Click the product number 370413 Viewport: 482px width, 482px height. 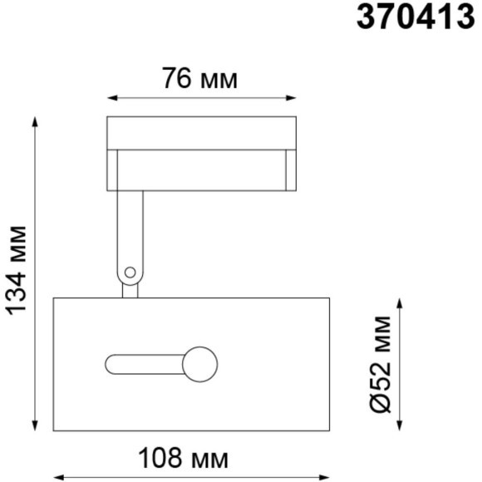tap(416, 17)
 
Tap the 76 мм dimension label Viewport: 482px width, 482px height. tap(199, 79)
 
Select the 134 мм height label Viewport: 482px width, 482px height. tap(17, 271)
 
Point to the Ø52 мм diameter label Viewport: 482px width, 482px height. tap(380, 364)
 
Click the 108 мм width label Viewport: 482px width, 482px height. tap(183, 459)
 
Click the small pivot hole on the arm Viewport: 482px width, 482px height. tap(130, 273)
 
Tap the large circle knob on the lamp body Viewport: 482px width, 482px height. tap(199, 364)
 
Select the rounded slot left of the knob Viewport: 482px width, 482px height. tap(145, 364)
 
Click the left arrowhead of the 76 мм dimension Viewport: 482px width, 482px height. tap(112, 98)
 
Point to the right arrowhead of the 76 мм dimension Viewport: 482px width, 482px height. tap(291, 98)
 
